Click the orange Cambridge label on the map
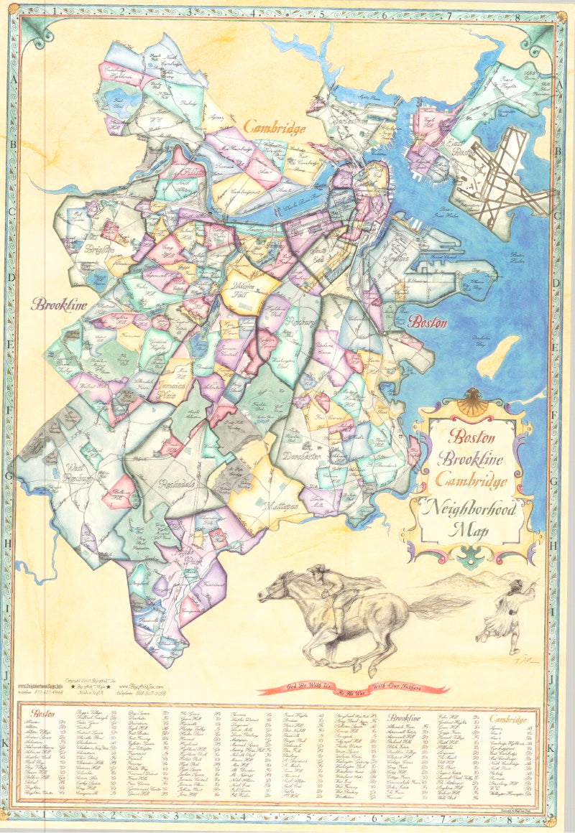coord(275,128)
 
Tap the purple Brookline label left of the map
coord(59,304)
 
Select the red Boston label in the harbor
coord(428,322)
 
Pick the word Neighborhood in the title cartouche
coord(475,509)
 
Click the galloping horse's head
coord(271,591)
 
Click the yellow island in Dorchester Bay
coord(499,355)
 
